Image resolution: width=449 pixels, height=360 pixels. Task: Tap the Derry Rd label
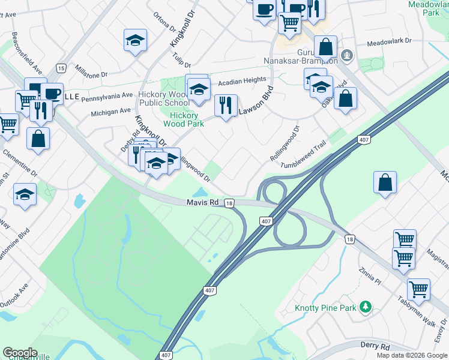tap(375, 346)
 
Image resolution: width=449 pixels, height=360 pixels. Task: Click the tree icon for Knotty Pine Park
tap(364, 308)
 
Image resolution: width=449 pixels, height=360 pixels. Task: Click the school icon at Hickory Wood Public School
tap(197, 89)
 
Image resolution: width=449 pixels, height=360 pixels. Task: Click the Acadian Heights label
tap(242, 80)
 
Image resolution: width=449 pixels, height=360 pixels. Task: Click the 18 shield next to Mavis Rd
tap(229, 204)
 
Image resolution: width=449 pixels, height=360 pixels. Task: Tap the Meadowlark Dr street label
tap(388, 41)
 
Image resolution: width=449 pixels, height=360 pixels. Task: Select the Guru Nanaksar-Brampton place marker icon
tap(346, 56)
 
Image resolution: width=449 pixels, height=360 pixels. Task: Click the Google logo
tap(20, 353)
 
